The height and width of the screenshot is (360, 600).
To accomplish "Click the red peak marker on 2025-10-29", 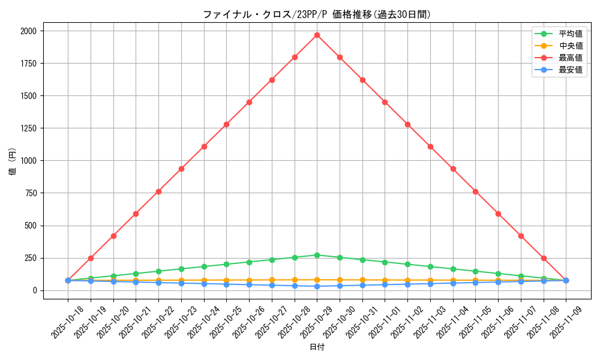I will (317, 35).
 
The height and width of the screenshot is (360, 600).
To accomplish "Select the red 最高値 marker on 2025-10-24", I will (204, 146).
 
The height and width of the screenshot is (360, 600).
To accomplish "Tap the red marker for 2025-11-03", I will (430, 146).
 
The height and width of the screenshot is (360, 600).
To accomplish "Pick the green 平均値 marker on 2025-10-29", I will (317, 255).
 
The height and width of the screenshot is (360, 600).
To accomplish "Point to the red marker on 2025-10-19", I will (91, 258).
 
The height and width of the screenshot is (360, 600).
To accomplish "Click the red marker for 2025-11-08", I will (544, 258).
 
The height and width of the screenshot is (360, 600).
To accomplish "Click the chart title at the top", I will (317, 14).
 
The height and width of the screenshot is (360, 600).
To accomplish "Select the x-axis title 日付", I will (317, 347).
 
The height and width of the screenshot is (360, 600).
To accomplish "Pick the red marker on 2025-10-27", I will (272, 80).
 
